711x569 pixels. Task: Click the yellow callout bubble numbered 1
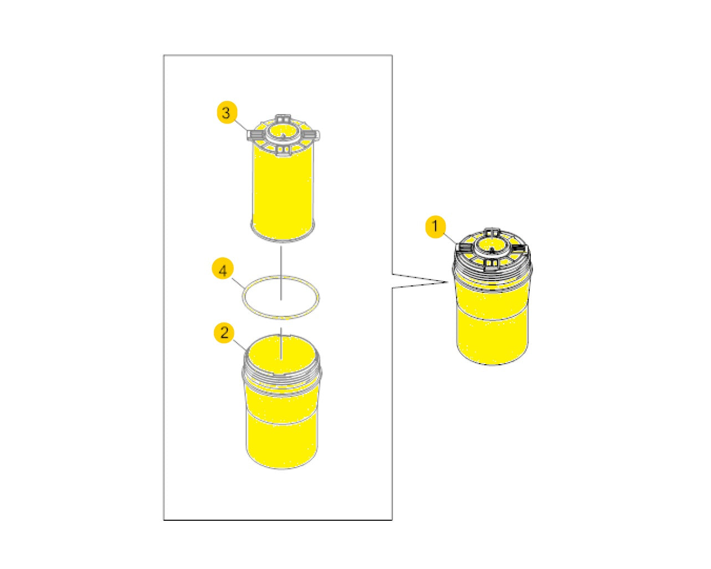pyautogui.click(x=436, y=227)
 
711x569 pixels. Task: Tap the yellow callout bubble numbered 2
pyautogui.click(x=224, y=333)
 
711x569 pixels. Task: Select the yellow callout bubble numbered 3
pyautogui.click(x=226, y=113)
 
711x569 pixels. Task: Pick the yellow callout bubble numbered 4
pyautogui.click(x=223, y=270)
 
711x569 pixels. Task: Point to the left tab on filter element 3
pyautogui.click(x=255, y=135)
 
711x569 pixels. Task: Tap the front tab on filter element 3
pyautogui.click(x=283, y=150)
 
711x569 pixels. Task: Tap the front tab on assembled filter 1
pyautogui.click(x=491, y=262)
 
